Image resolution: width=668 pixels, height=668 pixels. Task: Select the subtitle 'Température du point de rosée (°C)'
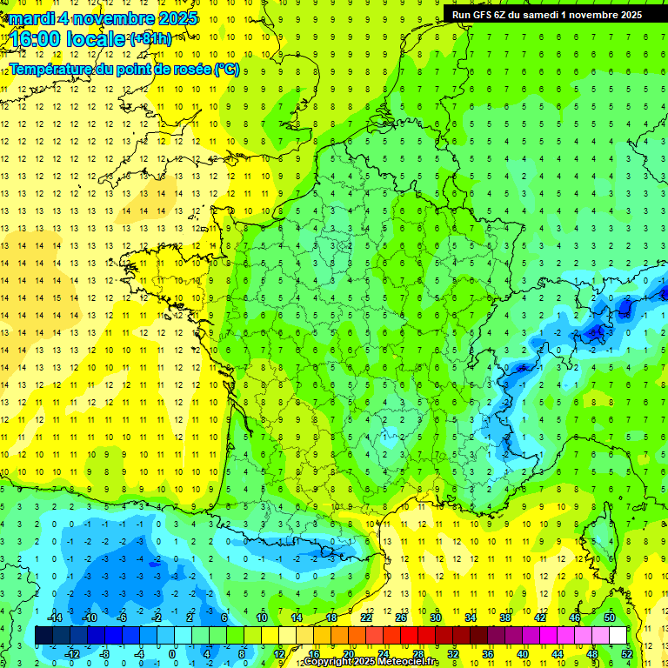(124, 70)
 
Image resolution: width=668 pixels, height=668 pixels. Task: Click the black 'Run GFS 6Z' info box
(547, 14)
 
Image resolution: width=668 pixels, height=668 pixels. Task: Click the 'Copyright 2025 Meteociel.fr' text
(371, 662)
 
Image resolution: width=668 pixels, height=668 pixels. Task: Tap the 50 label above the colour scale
(609, 618)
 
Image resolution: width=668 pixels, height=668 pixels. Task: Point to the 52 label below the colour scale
(626, 653)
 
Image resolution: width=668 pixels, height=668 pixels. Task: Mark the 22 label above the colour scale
(366, 618)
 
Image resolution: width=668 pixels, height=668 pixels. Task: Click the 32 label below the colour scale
(452, 653)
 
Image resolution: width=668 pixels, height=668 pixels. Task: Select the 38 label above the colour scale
(504, 618)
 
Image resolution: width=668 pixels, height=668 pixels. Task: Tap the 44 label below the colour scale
(557, 653)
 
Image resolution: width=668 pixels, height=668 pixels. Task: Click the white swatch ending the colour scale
(618, 636)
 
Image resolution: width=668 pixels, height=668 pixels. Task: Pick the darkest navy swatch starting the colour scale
(43, 636)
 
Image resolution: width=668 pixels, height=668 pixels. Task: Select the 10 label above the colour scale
(262, 618)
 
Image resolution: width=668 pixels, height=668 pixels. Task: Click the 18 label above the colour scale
(331, 618)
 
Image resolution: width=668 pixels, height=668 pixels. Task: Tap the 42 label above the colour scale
(539, 618)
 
